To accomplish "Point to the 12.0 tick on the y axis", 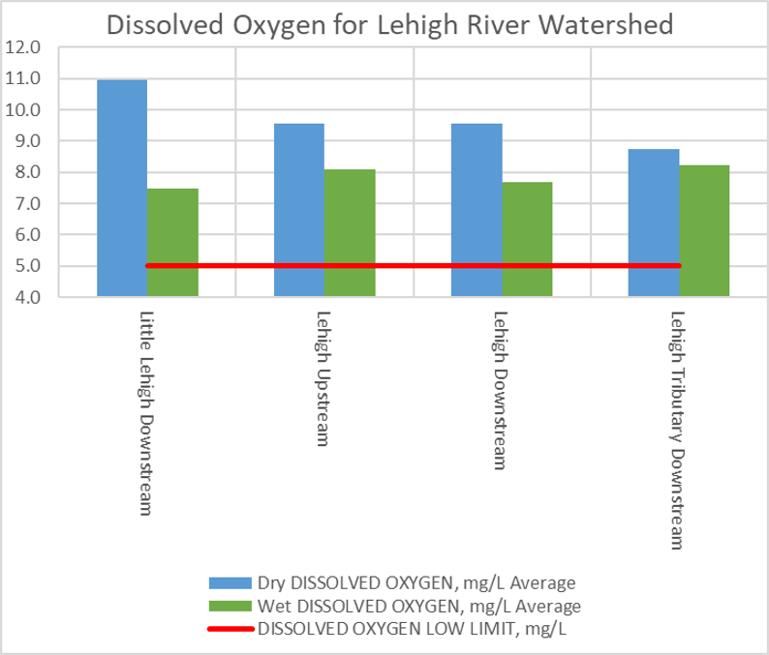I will click(23, 47).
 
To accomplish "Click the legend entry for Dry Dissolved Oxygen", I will click(416, 582).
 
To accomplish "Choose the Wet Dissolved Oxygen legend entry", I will click(418, 607).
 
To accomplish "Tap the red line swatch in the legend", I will click(230, 630).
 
